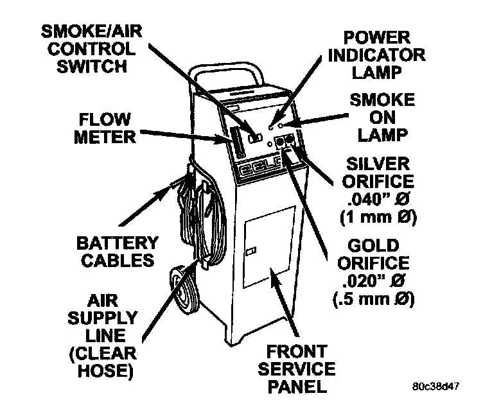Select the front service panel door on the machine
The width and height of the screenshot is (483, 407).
[x=270, y=250]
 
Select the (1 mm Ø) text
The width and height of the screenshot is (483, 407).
[x=378, y=216]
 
